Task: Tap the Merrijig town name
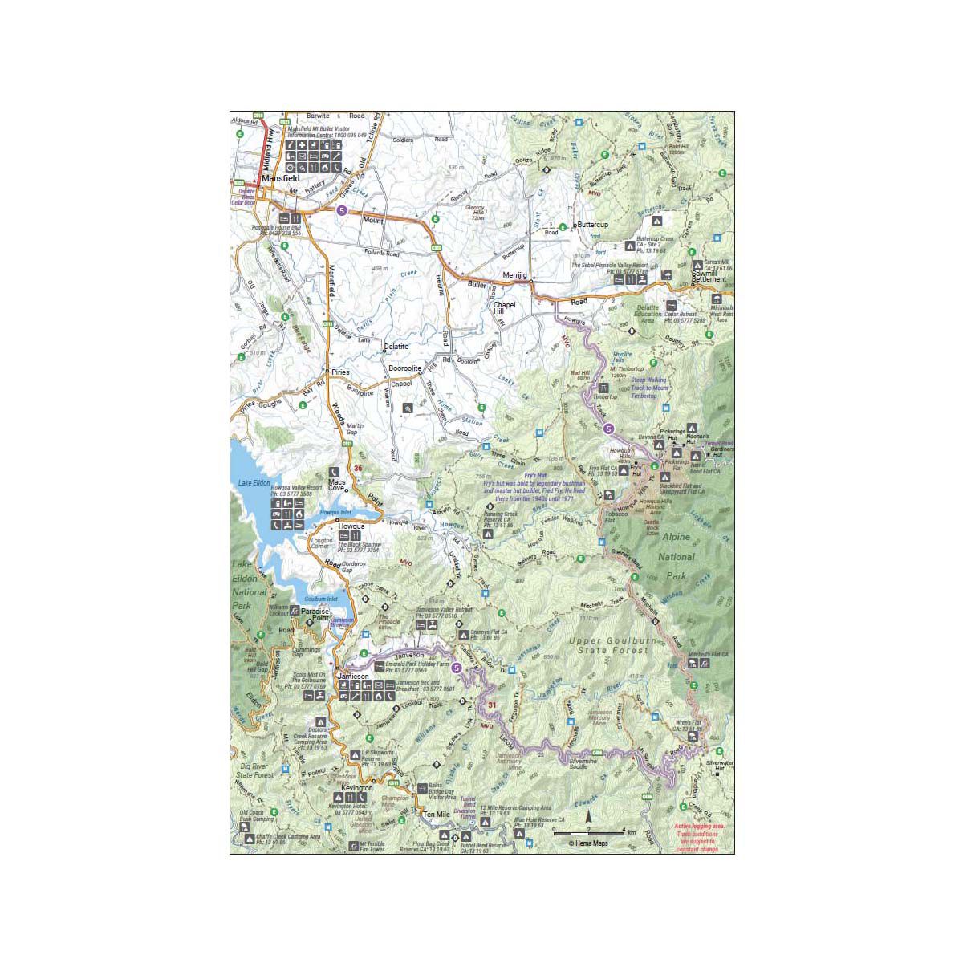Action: coord(513,275)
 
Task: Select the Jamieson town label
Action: coord(353,677)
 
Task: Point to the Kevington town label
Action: coord(357,788)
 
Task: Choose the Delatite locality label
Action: coord(396,347)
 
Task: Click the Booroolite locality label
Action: coord(406,368)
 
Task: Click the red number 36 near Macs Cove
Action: coord(357,469)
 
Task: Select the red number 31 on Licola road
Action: coord(492,705)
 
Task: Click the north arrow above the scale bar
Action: coord(589,818)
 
